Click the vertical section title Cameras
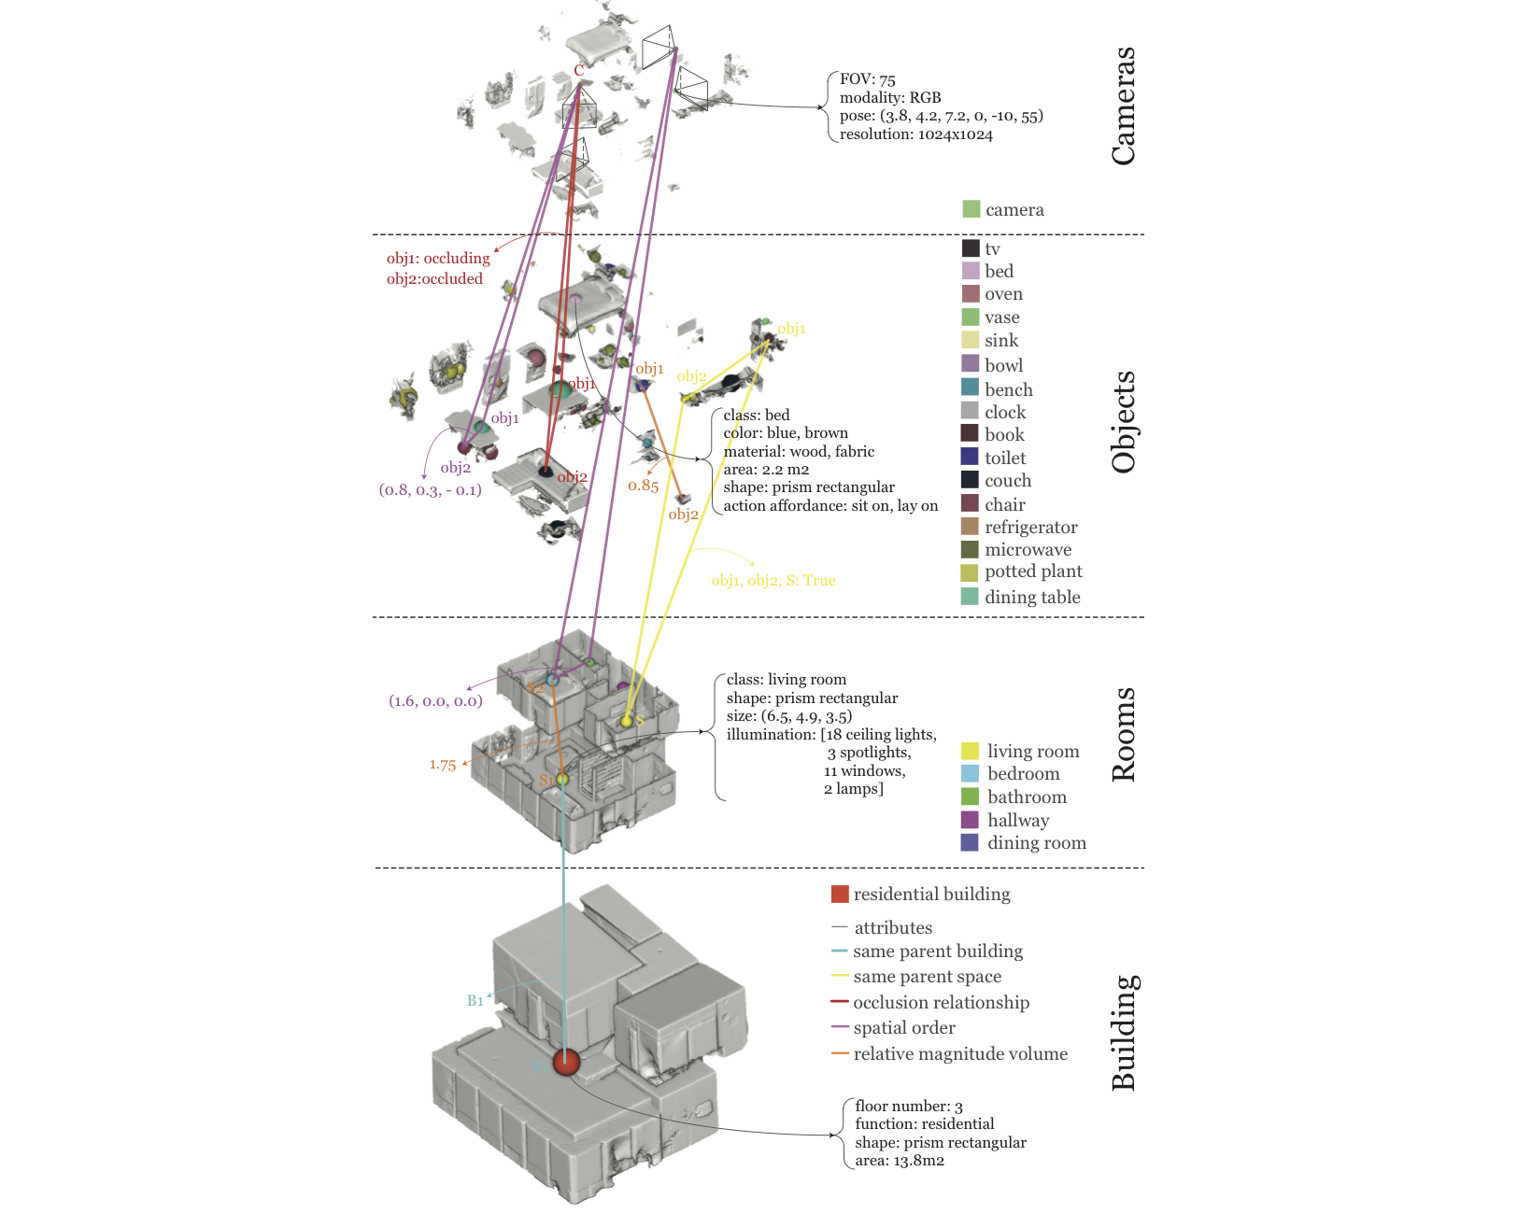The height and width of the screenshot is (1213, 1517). point(1124,106)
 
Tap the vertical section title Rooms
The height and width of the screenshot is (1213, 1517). point(1124,734)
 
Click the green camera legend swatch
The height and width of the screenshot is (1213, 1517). point(971,209)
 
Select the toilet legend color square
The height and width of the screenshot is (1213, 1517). point(971,457)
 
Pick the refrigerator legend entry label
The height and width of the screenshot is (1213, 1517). point(1030,528)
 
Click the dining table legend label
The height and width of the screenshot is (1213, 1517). point(1032,598)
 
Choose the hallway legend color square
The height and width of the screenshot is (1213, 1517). point(971,820)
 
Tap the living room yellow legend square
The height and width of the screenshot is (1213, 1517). point(971,751)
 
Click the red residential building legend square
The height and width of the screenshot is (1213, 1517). point(840,894)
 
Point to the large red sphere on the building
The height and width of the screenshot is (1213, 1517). point(566,1062)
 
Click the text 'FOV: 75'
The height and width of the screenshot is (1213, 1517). point(867,79)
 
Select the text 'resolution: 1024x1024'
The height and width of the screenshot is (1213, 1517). point(915,134)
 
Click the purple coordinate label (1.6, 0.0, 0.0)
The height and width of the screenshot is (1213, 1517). point(435,701)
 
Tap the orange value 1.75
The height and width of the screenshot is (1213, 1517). point(443,765)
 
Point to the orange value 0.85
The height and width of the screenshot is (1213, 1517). point(643,486)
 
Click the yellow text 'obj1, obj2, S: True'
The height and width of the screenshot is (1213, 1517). point(773,581)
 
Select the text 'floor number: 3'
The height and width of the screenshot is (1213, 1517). point(908,1107)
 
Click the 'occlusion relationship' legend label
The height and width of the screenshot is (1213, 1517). point(941,1003)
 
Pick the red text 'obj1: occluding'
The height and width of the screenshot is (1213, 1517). point(438,259)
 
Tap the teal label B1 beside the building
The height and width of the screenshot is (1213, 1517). point(475,1001)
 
